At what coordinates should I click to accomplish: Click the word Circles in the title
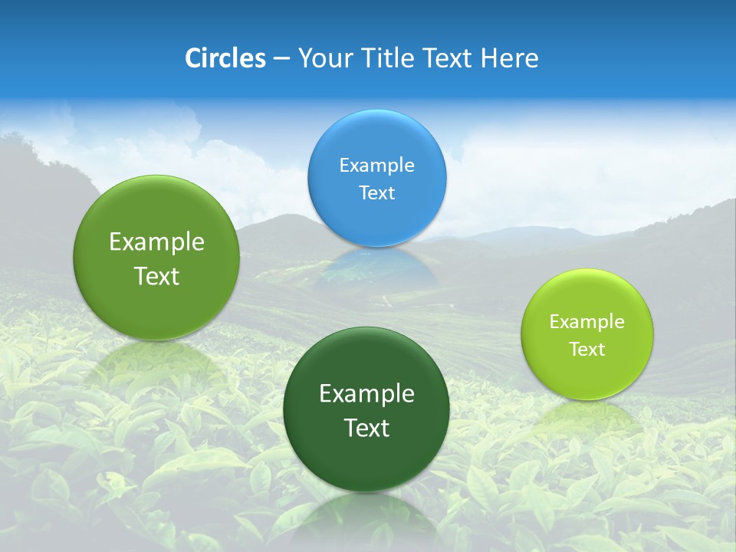point(225,58)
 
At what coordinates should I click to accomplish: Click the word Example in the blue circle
point(377,166)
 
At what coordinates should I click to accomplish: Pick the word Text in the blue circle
point(377,193)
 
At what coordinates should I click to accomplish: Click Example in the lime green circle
point(587,322)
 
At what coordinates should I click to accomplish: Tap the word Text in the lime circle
point(587,350)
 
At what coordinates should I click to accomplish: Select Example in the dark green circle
point(366,394)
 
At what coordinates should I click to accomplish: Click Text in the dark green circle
point(366,428)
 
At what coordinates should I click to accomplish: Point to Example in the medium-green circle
point(156,242)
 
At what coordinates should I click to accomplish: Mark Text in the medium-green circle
point(156,276)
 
